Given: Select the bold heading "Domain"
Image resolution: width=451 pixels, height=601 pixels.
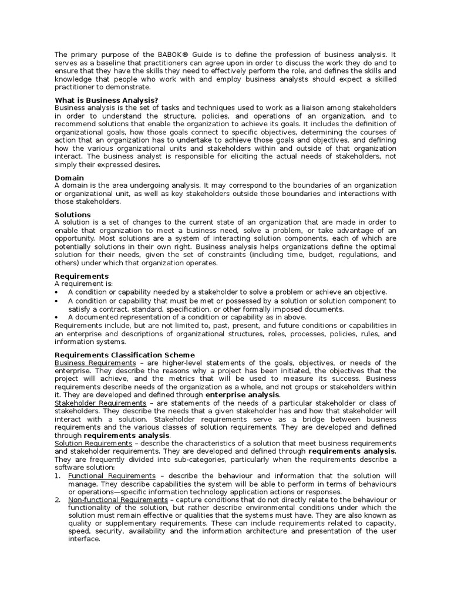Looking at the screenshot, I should click(69, 178).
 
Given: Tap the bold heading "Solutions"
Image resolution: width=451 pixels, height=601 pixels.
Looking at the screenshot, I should click(73, 215).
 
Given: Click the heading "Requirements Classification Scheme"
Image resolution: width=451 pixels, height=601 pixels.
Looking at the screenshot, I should click(124, 355).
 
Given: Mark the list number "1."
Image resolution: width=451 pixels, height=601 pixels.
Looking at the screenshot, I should click(58, 475).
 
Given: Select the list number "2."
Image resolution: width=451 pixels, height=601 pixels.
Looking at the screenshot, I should click(58, 499).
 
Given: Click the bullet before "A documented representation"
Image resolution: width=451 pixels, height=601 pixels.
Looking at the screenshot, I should click(56, 317).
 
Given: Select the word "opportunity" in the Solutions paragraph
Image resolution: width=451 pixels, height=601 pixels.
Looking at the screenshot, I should click(75, 239).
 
